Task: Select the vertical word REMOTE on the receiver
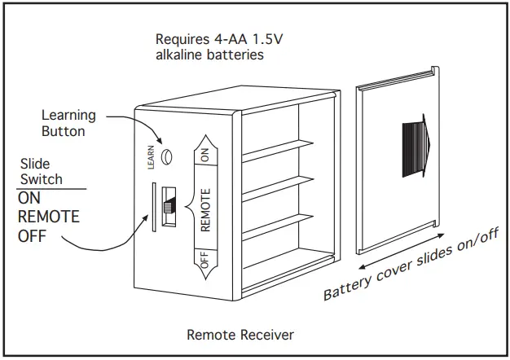(205, 210)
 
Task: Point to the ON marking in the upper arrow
(204, 152)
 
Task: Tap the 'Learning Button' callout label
(68, 123)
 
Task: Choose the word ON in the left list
(29, 198)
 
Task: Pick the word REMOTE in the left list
(49, 217)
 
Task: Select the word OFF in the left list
(32, 237)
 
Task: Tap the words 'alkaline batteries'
(209, 55)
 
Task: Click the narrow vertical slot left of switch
(154, 208)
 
